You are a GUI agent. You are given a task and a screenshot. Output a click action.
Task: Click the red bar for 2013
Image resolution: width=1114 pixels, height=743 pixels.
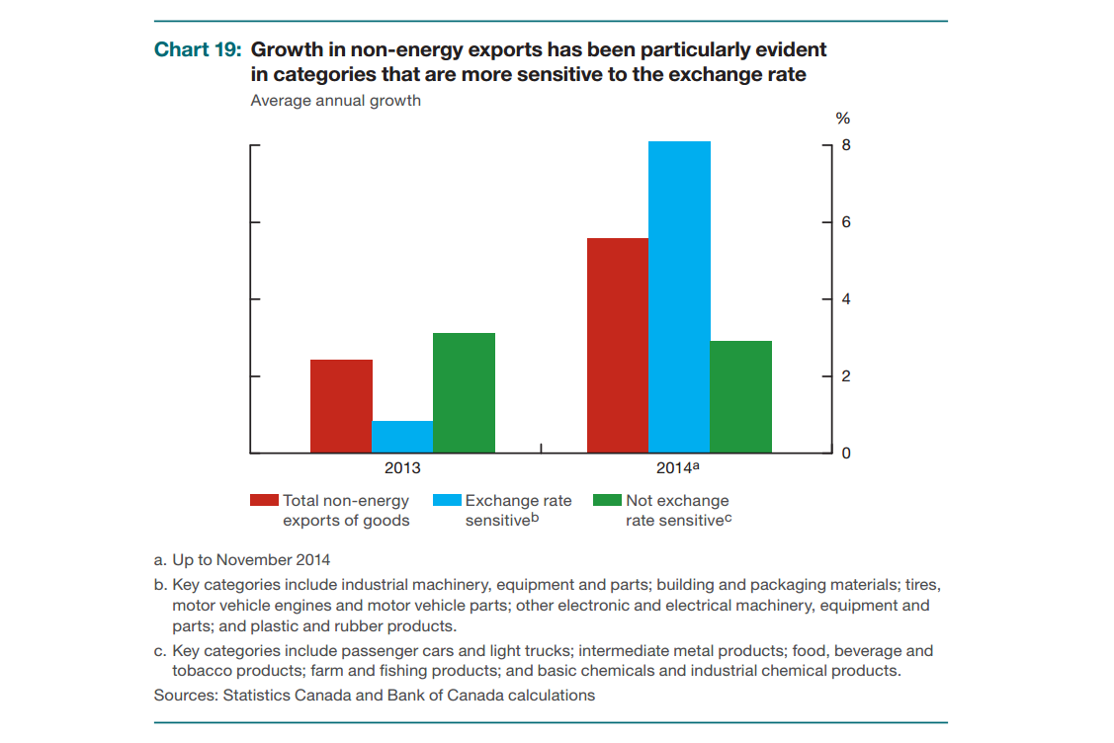pos(341,406)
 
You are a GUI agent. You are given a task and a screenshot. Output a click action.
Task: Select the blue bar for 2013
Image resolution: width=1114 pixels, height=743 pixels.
pos(402,437)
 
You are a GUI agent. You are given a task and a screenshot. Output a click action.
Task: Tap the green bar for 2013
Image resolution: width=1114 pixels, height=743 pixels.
pos(464,393)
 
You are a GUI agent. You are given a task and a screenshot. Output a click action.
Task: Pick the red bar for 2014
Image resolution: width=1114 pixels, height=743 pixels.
pos(618,346)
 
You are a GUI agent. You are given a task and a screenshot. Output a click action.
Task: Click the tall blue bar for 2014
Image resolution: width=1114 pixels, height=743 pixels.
pos(679,297)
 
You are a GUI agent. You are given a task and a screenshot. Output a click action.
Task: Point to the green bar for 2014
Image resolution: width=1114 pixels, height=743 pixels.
pos(740,397)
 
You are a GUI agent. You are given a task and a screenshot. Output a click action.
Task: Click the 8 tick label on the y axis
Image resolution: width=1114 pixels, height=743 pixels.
pos(845,145)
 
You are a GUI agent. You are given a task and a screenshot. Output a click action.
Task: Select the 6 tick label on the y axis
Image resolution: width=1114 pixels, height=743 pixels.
pos(845,222)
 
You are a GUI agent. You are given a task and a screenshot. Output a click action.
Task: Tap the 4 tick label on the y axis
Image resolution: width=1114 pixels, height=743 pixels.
pos(845,299)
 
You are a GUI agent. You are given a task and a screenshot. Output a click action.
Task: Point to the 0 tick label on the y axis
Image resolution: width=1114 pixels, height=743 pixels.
pos(845,454)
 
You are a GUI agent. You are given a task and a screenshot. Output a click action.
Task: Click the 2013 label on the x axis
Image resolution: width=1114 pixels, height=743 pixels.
pos(402,468)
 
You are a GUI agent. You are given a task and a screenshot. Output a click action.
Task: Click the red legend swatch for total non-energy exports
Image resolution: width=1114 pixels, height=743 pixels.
pos(264,501)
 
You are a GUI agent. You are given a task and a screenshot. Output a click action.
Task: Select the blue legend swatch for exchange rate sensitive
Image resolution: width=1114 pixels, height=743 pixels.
pos(447,501)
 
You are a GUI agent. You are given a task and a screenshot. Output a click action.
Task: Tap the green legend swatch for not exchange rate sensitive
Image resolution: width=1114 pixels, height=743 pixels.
pos(607,501)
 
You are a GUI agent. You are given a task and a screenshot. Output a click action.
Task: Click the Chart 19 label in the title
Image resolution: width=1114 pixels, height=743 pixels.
pos(198,49)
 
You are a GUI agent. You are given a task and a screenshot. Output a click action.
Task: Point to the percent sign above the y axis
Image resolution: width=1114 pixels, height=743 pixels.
pos(843,119)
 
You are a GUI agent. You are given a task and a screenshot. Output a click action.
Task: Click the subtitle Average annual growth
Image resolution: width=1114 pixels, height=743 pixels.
pos(335,101)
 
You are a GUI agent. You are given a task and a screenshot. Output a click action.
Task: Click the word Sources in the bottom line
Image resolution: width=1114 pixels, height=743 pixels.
pos(185,695)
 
